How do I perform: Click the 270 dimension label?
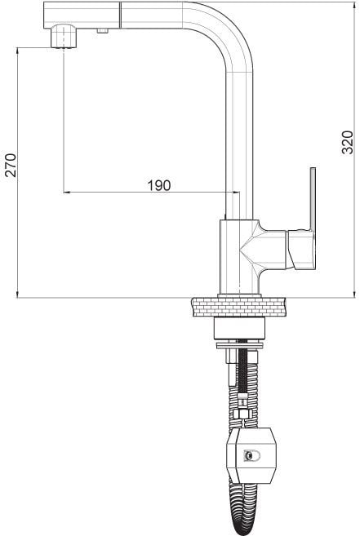(11, 165)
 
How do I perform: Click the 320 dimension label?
(347, 142)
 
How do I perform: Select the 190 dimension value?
(159, 185)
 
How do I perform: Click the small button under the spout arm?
(102, 31)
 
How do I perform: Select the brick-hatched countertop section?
(239, 307)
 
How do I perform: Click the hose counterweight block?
(251, 455)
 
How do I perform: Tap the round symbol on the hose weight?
(251, 455)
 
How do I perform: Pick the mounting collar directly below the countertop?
(239, 328)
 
